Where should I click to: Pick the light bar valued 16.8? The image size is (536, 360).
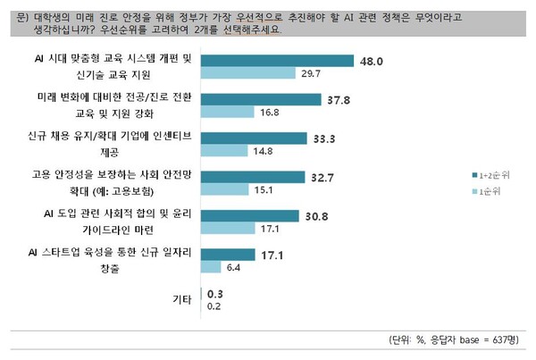coord(230,113)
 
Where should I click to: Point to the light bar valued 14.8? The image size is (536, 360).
coord(226,153)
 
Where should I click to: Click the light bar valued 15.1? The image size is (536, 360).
coord(227,191)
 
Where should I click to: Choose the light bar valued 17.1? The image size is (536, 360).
coord(230,230)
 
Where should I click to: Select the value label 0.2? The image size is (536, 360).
coord(214,306)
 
